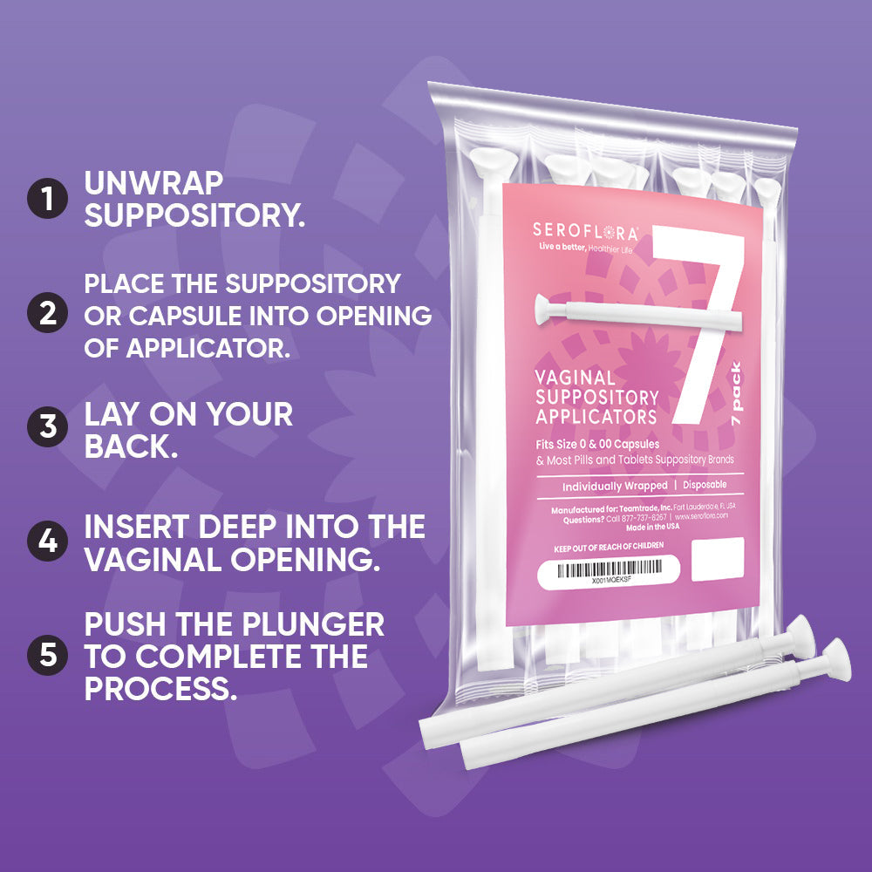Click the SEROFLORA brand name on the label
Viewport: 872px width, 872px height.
583,232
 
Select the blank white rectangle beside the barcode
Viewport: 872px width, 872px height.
717,559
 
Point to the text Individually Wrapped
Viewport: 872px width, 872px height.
614,486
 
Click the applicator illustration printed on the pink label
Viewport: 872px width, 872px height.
610,310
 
